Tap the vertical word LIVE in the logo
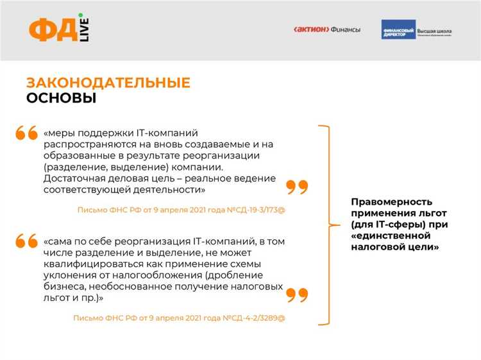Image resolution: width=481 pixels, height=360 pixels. pyautogui.click(x=84, y=31)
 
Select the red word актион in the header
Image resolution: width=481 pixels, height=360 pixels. pyautogui.click(x=311, y=30)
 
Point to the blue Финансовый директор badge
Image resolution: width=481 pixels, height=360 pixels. pyautogui.click(x=398, y=30)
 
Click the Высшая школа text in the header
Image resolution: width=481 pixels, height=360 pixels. pyautogui.click(x=435, y=30)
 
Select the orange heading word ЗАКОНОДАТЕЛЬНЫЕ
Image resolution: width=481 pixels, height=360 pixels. pyautogui.click(x=108, y=83)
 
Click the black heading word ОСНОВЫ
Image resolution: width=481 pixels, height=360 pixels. pyautogui.click(x=61, y=98)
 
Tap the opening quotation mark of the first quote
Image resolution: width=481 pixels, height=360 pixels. pyautogui.click(x=27, y=133)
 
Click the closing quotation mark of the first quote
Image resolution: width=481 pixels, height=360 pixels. pyautogui.click(x=297, y=187)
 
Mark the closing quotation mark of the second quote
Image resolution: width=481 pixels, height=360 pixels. pyautogui.click(x=297, y=295)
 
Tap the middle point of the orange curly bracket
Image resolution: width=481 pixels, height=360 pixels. pyautogui.click(x=331, y=225)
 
